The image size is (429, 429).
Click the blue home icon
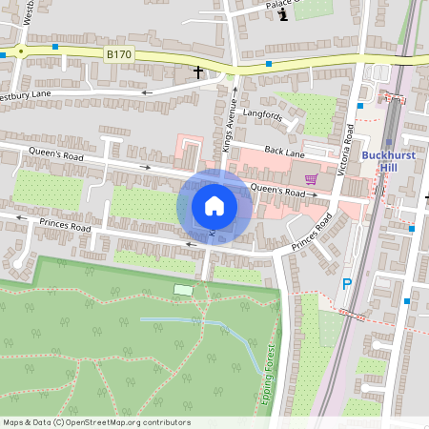pyautogui.click(x=214, y=206)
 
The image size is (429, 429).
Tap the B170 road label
pyautogui.click(x=119, y=55)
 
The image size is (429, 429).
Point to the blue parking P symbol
pyautogui.click(x=347, y=284)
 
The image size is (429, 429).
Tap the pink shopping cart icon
pyautogui.click(x=310, y=178)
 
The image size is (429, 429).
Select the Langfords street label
pyautogui.click(x=263, y=116)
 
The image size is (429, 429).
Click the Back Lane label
pyautogui.click(x=284, y=153)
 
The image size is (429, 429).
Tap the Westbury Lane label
pyautogui.click(x=25, y=95)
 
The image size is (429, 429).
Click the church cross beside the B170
pyautogui.click(x=198, y=71)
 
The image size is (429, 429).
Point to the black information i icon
pyautogui.click(x=281, y=13)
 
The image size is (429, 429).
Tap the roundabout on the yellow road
pyautogui.click(x=19, y=51)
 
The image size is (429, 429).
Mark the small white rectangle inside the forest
pyautogui.click(x=183, y=290)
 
